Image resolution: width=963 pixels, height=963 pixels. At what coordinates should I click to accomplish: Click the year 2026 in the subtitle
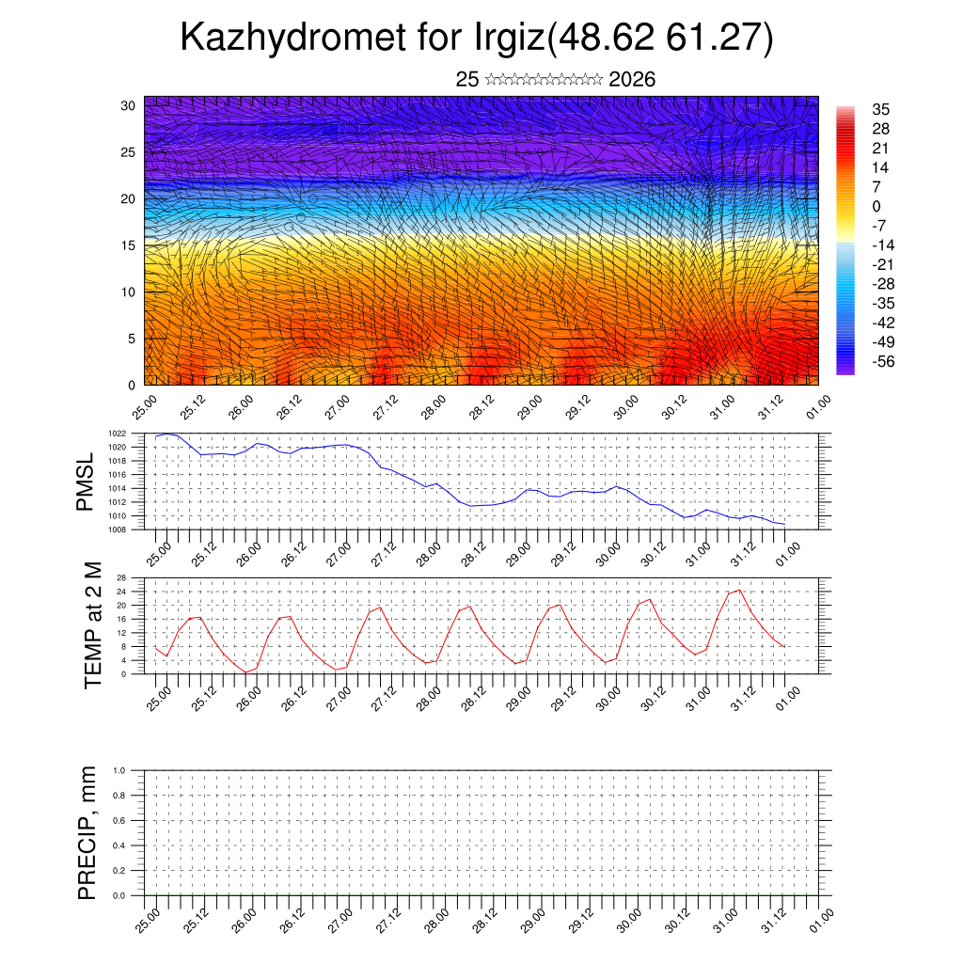click(632, 80)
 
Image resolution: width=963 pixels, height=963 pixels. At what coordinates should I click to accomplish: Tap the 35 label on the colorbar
click(881, 109)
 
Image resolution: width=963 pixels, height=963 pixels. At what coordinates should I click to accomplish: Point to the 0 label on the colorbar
click(876, 206)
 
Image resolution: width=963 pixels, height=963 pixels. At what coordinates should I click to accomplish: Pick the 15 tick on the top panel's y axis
click(130, 245)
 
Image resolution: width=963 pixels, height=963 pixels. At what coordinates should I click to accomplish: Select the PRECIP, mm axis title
click(87, 832)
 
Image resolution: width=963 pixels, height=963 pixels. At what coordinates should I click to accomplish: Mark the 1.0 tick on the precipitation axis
click(133, 770)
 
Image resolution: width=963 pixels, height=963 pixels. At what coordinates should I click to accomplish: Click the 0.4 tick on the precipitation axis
click(133, 845)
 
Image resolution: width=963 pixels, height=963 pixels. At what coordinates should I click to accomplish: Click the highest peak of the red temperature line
click(739, 591)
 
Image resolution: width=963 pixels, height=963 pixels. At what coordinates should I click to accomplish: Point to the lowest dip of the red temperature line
click(245, 671)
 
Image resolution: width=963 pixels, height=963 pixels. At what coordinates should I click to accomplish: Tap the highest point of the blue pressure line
click(167, 434)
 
